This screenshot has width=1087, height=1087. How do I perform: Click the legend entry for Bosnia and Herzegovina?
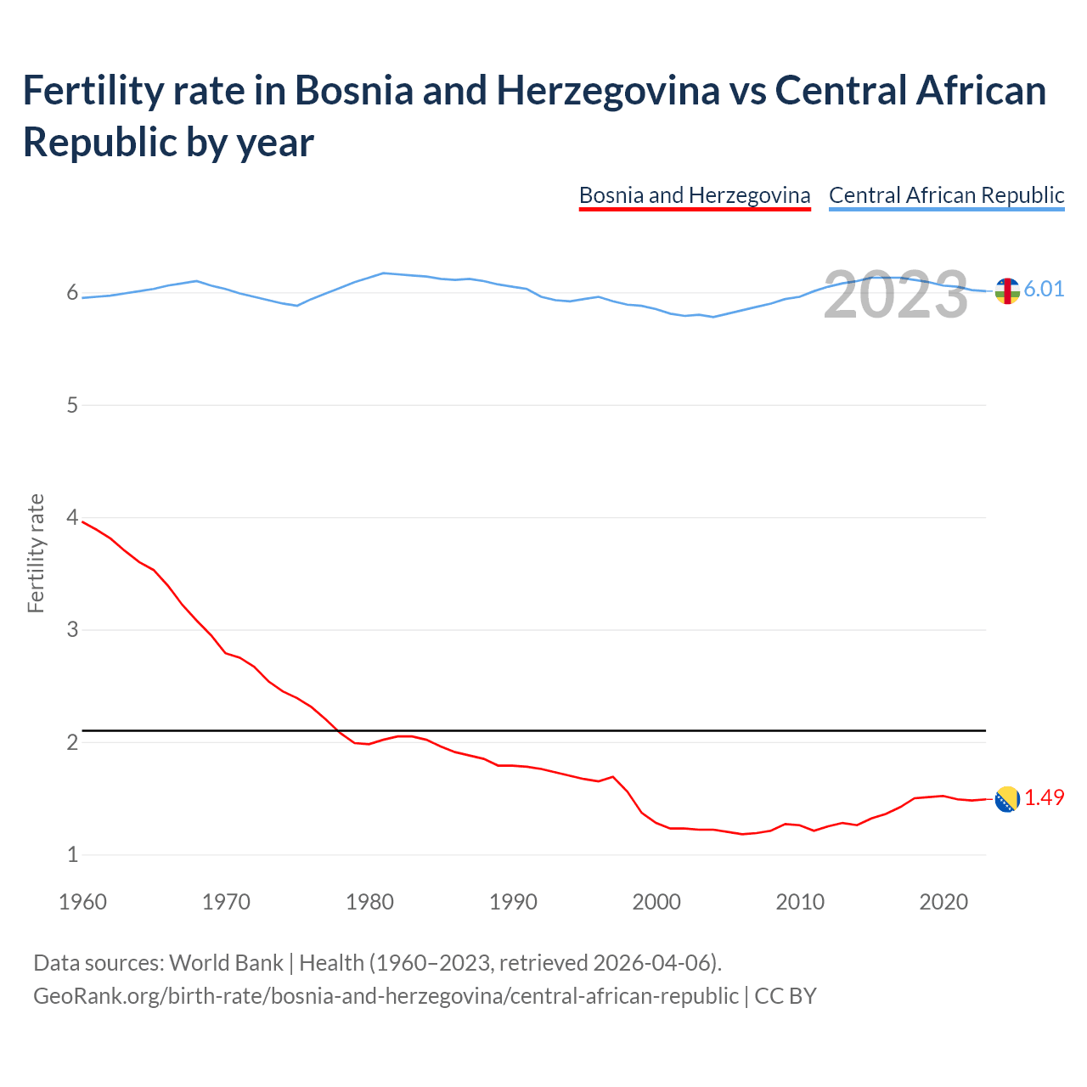click(695, 195)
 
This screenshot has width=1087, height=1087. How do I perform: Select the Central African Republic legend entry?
click(946, 195)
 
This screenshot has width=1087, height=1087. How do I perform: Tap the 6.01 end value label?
click(1044, 289)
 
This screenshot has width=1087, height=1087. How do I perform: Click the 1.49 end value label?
click(1044, 797)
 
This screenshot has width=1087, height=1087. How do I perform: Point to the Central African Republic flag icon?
click(1007, 290)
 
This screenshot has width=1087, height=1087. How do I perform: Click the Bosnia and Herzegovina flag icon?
click(1007, 799)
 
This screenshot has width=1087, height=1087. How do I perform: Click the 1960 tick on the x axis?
click(82, 902)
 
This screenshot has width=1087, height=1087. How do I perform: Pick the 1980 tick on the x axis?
click(369, 902)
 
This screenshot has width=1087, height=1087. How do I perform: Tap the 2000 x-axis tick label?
click(656, 902)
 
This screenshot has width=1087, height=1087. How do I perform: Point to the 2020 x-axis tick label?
click(943, 902)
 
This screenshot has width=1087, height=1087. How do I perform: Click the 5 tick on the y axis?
click(72, 405)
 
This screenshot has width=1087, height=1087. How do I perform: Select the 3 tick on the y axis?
click(72, 629)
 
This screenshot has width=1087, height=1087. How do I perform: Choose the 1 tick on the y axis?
click(72, 854)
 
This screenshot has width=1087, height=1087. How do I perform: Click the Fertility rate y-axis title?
click(36, 553)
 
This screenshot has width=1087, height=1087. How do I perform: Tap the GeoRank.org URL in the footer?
click(386, 995)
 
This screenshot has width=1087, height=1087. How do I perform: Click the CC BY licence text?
click(786, 995)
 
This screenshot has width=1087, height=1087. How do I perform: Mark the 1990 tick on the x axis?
click(513, 902)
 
